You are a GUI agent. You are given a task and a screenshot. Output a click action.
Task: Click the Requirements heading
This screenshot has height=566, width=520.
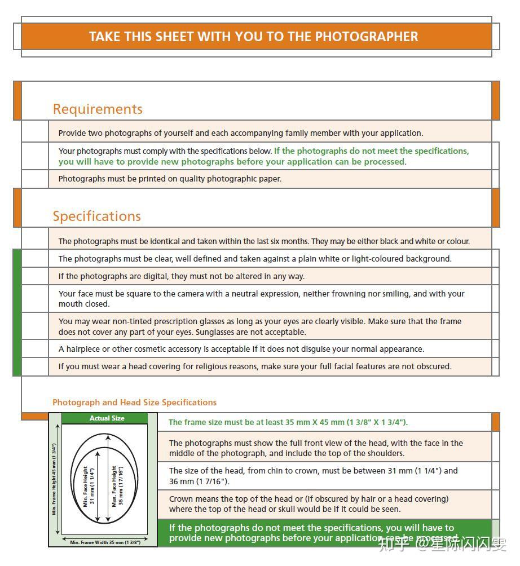coord(98,109)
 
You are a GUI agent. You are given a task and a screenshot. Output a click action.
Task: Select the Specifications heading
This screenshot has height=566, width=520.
coord(97,216)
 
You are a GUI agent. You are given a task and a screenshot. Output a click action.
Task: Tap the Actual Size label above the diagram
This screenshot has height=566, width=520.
coord(107,418)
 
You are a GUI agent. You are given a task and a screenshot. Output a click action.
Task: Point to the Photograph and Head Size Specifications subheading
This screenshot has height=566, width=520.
coord(134,403)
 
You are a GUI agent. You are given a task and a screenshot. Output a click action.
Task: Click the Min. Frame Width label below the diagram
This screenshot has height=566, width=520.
coord(105,542)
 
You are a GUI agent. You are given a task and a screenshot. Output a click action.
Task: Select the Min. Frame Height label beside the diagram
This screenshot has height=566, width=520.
coord(54,479)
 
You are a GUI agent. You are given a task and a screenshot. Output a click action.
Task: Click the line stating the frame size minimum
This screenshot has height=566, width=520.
coord(288,422)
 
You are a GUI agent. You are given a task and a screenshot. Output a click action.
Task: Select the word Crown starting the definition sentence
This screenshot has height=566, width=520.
coord(180,499)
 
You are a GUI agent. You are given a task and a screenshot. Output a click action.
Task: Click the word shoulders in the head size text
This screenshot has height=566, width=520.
coord(385,453)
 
